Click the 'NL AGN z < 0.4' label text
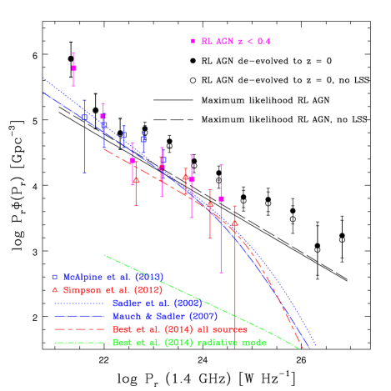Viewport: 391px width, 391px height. [235, 41]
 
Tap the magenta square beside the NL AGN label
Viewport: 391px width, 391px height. [193, 41]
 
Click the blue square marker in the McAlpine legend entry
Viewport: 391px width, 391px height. [56, 276]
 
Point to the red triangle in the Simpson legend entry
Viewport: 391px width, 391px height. [56, 289]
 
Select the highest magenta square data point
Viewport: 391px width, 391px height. [74, 68]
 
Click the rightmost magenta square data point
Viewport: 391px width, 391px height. [221, 199]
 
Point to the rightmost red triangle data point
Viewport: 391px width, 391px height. [235, 223]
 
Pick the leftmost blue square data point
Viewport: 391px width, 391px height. [85, 118]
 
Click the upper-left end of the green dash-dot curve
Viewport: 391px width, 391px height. [103, 254]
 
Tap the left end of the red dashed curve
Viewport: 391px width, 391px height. [103, 149]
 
